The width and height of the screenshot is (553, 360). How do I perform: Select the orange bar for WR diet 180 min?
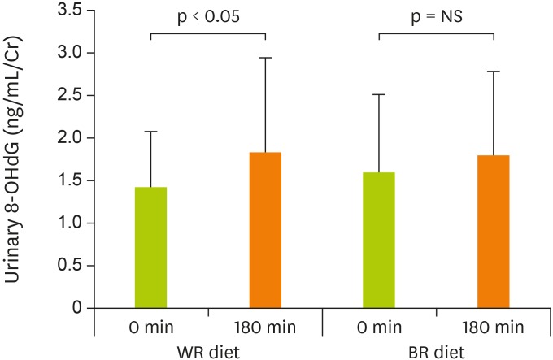[265, 231]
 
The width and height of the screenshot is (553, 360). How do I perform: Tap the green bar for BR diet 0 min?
[380, 241]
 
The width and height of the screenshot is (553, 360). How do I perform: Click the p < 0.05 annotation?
[208, 17]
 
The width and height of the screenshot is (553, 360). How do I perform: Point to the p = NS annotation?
[437, 17]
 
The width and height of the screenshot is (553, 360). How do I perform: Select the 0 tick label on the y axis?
[76, 308]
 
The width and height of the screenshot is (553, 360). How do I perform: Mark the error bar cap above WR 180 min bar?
[265, 58]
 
